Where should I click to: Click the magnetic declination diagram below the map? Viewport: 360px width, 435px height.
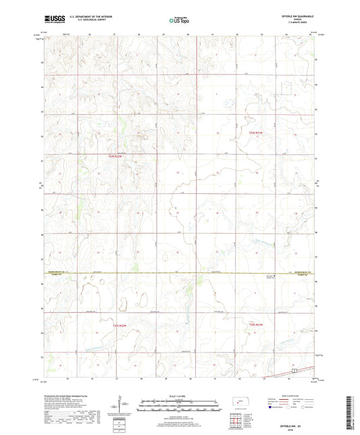tap(124, 405)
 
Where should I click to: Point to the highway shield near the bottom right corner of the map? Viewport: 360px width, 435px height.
tap(294, 369)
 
